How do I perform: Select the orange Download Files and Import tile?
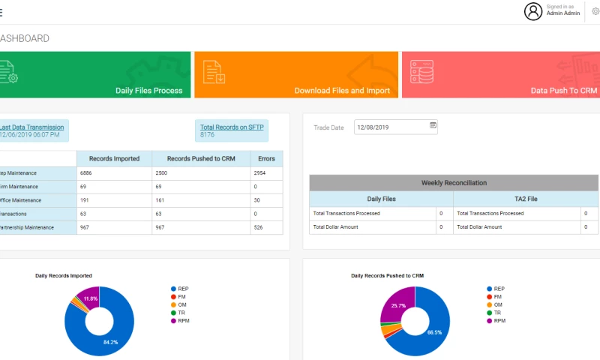click(296, 75)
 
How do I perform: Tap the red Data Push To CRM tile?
click(501, 75)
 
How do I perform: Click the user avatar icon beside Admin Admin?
click(533, 10)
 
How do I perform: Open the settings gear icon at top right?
click(595, 10)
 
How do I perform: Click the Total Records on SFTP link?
click(232, 127)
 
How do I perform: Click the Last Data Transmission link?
click(31, 127)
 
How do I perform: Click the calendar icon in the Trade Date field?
click(433, 126)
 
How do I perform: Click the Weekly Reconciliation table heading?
click(454, 183)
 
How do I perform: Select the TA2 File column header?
click(525, 199)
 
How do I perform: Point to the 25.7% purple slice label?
click(398, 306)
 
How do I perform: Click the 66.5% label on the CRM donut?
click(434, 331)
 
